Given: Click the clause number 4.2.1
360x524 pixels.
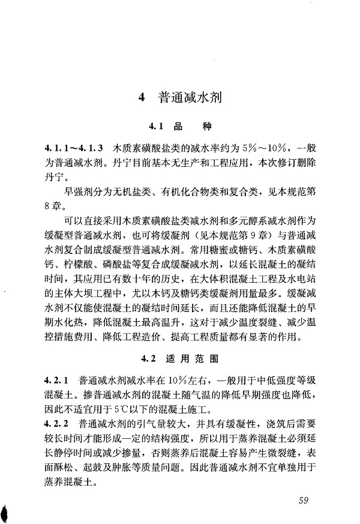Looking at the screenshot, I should (58, 381).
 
